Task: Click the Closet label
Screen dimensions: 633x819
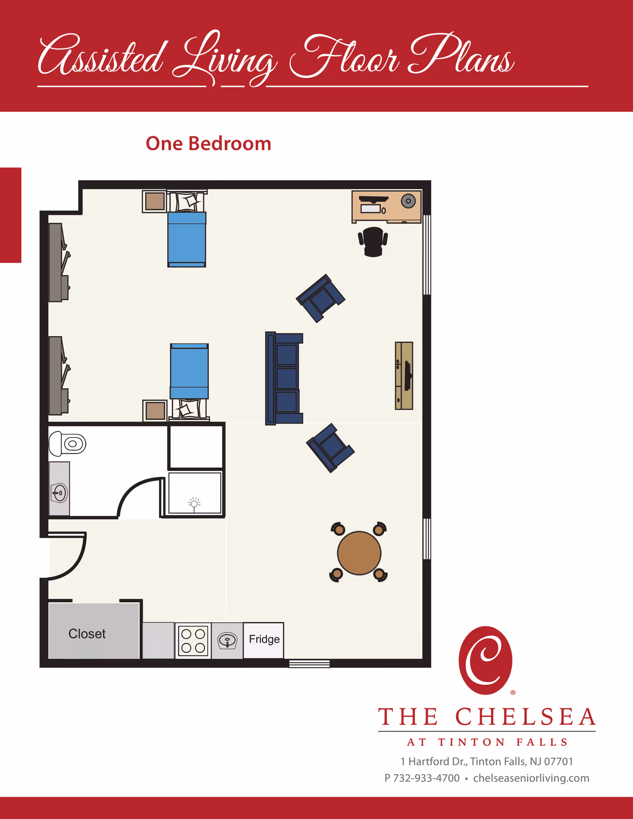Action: [x=87, y=634]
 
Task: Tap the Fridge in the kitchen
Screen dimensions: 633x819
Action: [x=263, y=640]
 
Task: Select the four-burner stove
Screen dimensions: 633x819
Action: [x=193, y=641]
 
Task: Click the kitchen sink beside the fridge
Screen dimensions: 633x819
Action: [x=227, y=641]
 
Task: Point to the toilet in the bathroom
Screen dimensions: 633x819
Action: [x=67, y=444]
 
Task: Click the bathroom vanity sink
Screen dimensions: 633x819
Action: [x=59, y=493]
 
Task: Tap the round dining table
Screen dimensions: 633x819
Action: [x=359, y=553]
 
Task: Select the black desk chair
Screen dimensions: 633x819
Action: [x=373, y=242]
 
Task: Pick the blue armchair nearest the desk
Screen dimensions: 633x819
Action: [x=320, y=298]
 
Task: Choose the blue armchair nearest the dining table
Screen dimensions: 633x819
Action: [x=330, y=448]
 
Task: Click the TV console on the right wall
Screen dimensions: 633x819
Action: [x=404, y=376]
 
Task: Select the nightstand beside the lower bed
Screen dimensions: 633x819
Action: [x=155, y=410]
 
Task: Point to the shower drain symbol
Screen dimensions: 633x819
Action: [x=194, y=503]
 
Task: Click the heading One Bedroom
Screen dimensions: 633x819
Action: [x=208, y=143]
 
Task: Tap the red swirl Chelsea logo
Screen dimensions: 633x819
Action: [x=485, y=660]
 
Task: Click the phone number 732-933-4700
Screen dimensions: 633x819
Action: [x=426, y=778]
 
